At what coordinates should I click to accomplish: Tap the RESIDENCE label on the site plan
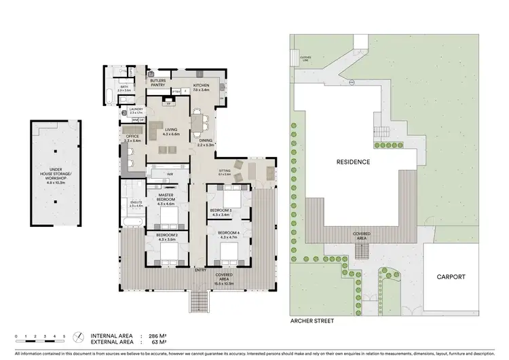point(354,162)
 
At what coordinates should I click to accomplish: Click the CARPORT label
point(451,277)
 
